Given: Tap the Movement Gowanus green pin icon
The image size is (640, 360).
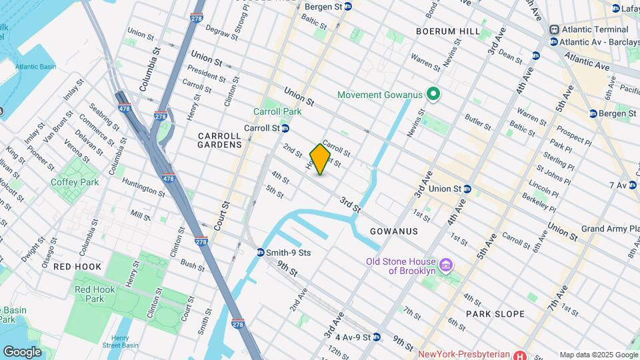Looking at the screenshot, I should pyautogui.click(x=433, y=95).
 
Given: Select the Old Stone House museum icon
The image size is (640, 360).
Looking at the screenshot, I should pyautogui.click(x=447, y=265).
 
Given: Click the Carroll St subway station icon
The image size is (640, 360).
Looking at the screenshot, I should pyautogui.click(x=285, y=128).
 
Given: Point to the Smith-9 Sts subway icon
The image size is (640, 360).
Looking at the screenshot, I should pyautogui.click(x=261, y=252).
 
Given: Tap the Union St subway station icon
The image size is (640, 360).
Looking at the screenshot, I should pyautogui.click(x=468, y=189).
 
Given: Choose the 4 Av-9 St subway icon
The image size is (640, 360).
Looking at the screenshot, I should pyautogui.click(x=377, y=337).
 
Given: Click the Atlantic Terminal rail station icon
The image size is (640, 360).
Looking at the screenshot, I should pyautogui.click(x=554, y=30).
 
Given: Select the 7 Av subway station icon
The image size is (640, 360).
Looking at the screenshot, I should pyautogui.click(x=632, y=185).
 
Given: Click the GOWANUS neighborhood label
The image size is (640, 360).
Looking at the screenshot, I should pyautogui.click(x=394, y=231).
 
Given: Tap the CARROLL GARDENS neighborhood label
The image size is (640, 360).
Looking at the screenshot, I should pyautogui.click(x=220, y=139).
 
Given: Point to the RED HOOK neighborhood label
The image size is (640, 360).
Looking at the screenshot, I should pyautogui.click(x=77, y=267).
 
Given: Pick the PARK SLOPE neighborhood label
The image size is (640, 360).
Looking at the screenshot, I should pyautogui.click(x=495, y=313).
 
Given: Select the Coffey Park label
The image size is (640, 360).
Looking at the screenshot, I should pyautogui.click(x=75, y=182).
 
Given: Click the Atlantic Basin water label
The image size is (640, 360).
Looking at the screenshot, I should pyautogui.click(x=35, y=67).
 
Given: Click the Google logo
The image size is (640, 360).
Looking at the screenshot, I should pyautogui.click(x=22, y=351).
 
